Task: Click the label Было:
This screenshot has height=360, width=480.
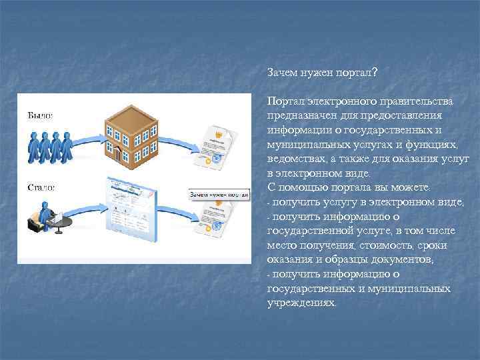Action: [x=39, y=115]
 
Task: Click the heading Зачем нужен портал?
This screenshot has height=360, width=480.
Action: [x=322, y=72]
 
